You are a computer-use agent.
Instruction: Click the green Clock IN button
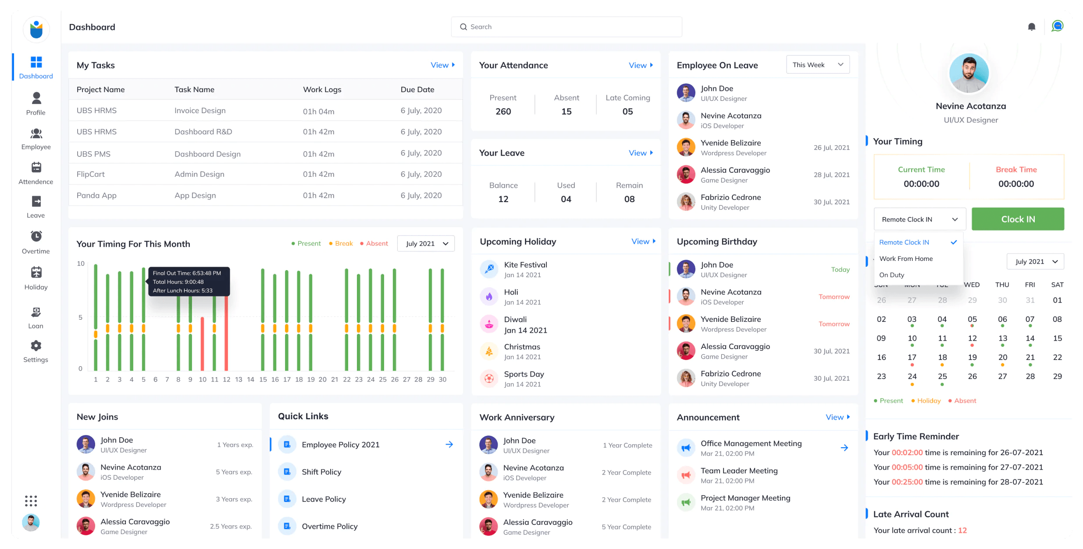(1018, 219)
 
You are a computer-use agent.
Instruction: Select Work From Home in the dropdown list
(906, 259)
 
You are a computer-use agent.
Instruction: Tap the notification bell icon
(1031, 27)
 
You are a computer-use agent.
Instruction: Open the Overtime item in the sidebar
(36, 242)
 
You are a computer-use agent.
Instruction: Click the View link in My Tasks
(442, 65)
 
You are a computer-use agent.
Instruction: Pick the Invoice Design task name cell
(200, 111)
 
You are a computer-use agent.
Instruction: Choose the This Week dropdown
(818, 65)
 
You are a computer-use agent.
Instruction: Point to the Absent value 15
(566, 111)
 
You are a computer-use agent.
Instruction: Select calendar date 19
(972, 357)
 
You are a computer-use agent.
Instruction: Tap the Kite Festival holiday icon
(489, 269)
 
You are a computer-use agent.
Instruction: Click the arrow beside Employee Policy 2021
(449, 444)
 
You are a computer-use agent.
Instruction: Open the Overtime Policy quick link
(329, 526)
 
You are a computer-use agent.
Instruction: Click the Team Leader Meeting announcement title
(739, 471)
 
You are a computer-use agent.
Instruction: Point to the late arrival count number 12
(962, 530)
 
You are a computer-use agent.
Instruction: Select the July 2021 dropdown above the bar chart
(426, 243)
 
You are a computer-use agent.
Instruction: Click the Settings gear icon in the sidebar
(36, 346)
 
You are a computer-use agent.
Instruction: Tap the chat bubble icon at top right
(1057, 26)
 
